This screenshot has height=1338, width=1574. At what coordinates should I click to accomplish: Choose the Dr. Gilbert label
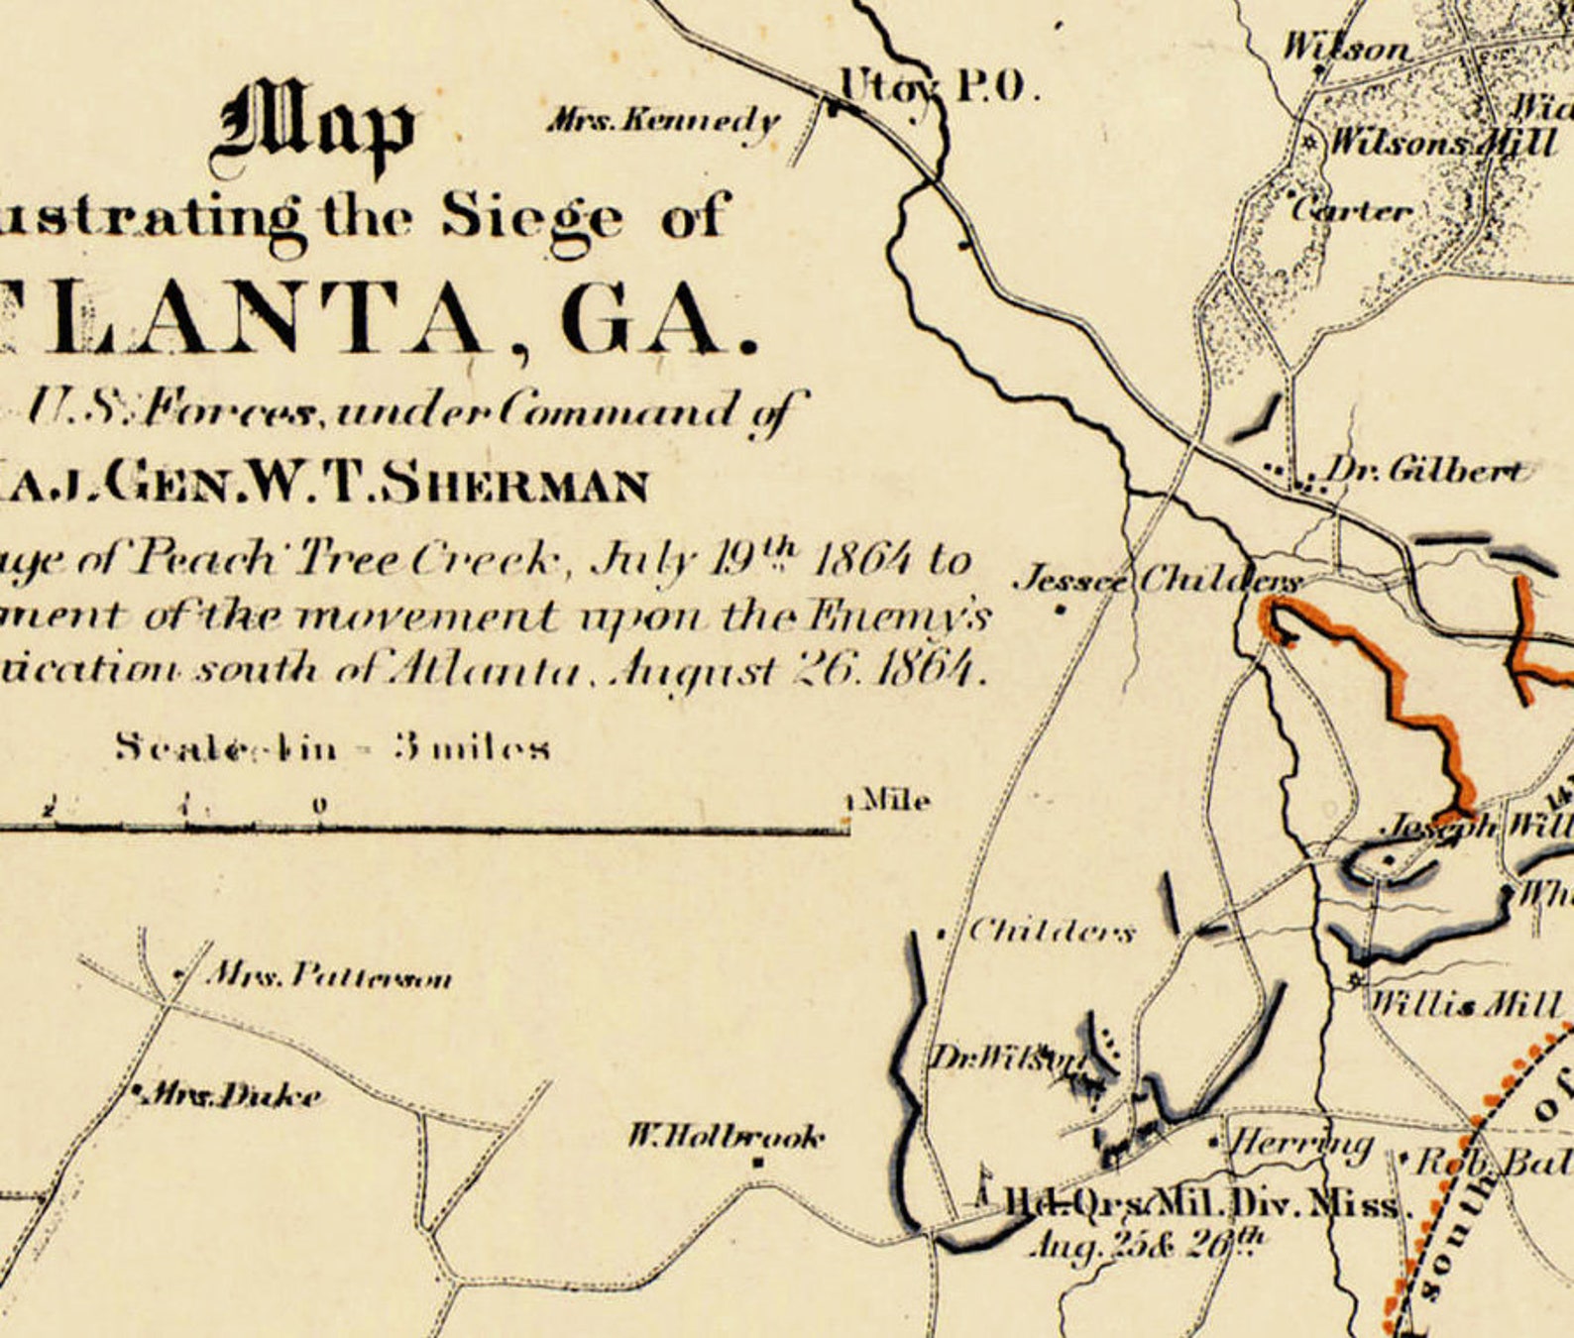click(1424, 470)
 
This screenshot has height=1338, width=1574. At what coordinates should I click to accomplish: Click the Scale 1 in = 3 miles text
click(333, 746)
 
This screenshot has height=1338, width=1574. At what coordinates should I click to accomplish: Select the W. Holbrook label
click(726, 1136)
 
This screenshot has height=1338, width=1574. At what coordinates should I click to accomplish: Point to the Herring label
click(1299, 1144)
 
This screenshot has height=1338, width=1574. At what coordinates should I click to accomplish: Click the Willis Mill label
click(1463, 1005)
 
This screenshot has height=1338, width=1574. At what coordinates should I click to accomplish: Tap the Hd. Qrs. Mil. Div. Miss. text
click(1203, 1205)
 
